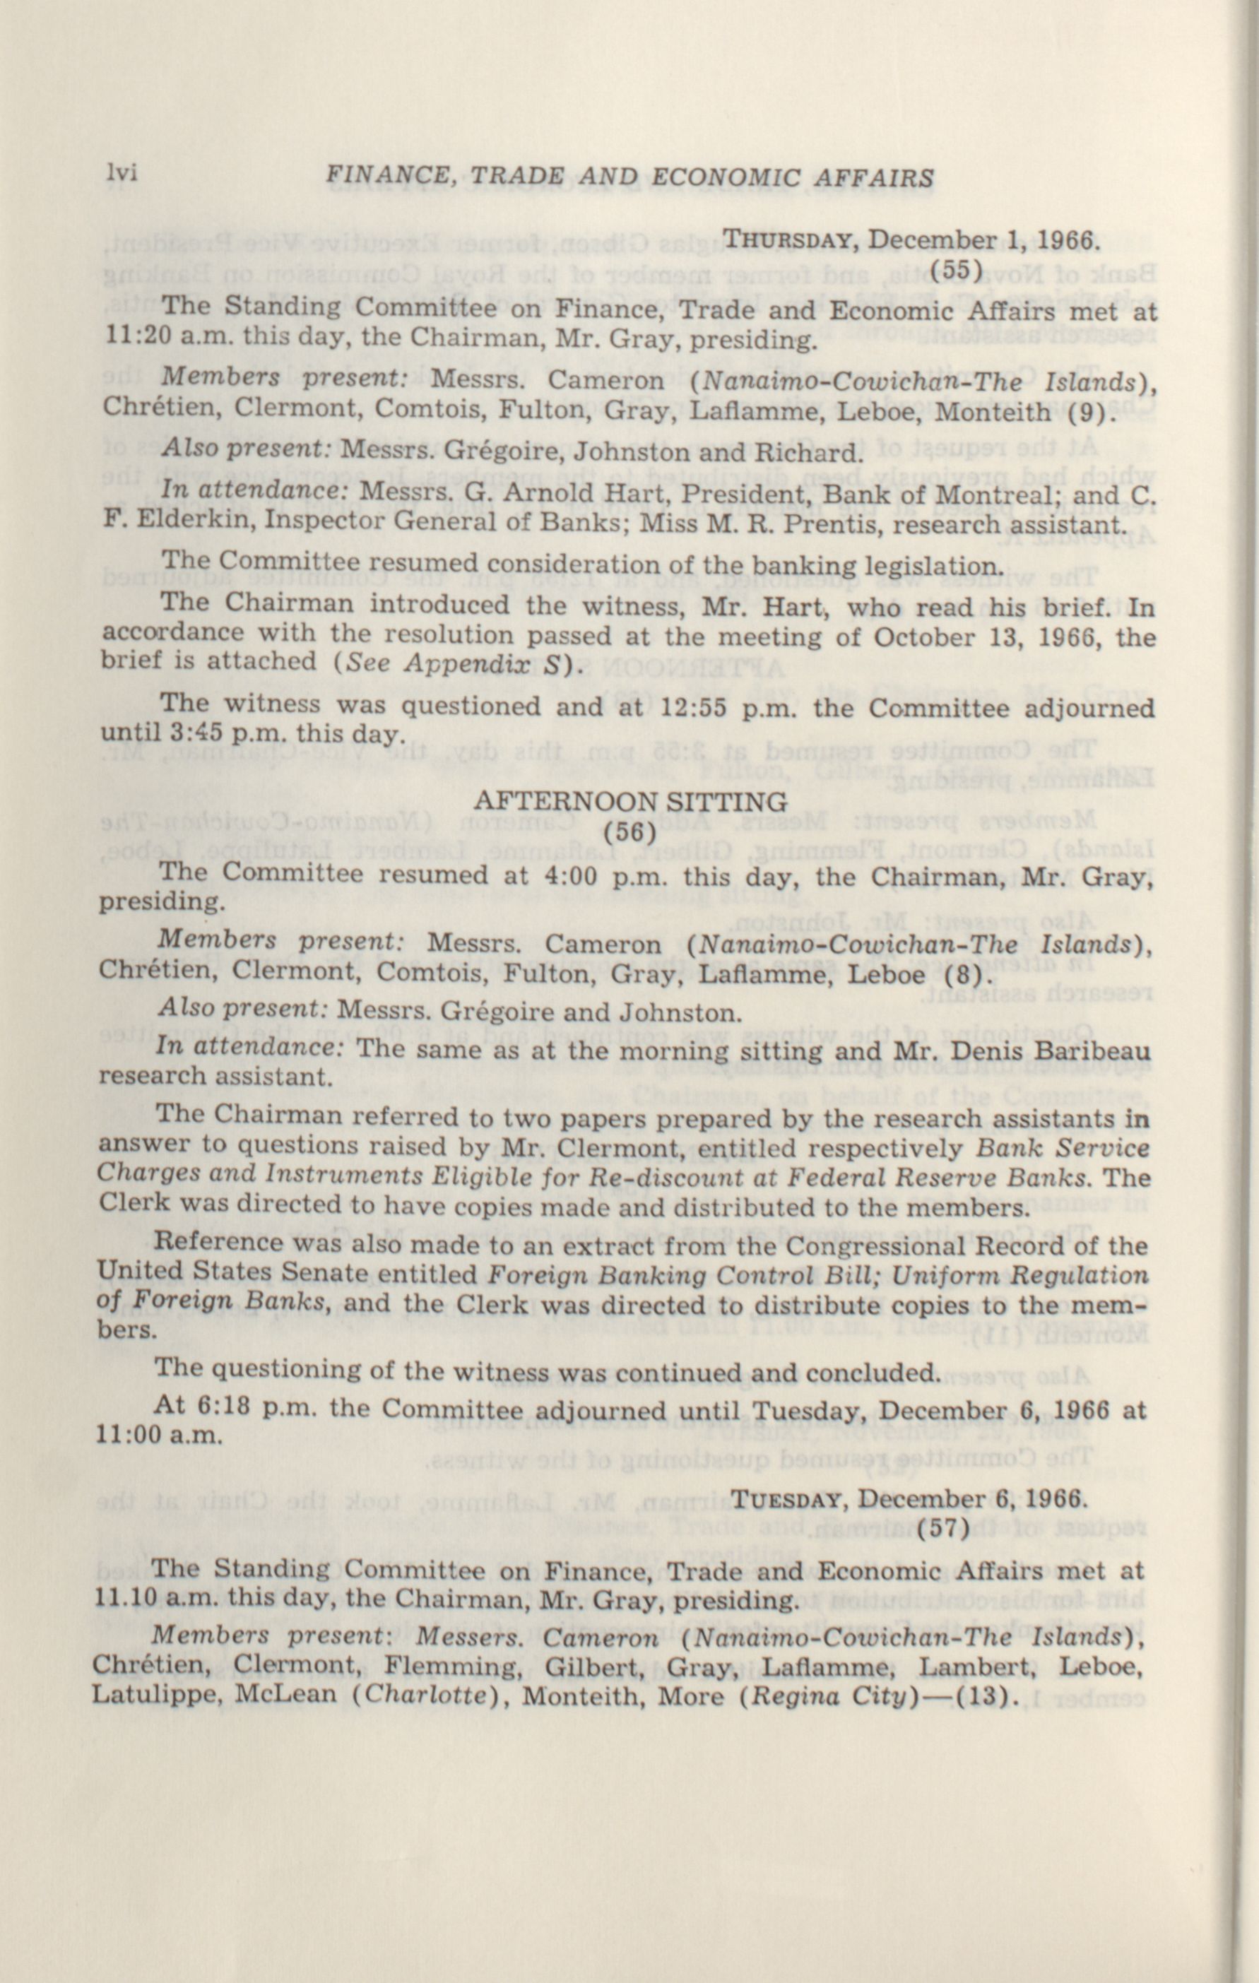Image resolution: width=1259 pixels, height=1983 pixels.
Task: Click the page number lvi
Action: pyautogui.click(x=119, y=174)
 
